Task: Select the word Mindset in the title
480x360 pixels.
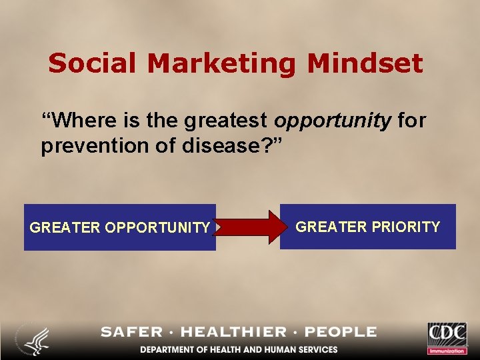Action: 365,64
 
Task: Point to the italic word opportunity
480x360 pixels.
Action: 333,121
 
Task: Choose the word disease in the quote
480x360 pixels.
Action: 221,145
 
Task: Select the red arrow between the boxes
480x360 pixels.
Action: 249,227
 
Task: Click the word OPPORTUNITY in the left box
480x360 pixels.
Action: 157,228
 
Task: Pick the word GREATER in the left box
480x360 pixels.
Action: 65,228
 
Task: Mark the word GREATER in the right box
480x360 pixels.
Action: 331,227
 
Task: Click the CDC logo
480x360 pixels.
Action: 447,333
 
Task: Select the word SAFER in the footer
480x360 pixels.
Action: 132,332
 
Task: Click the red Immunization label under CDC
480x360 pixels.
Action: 447,351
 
